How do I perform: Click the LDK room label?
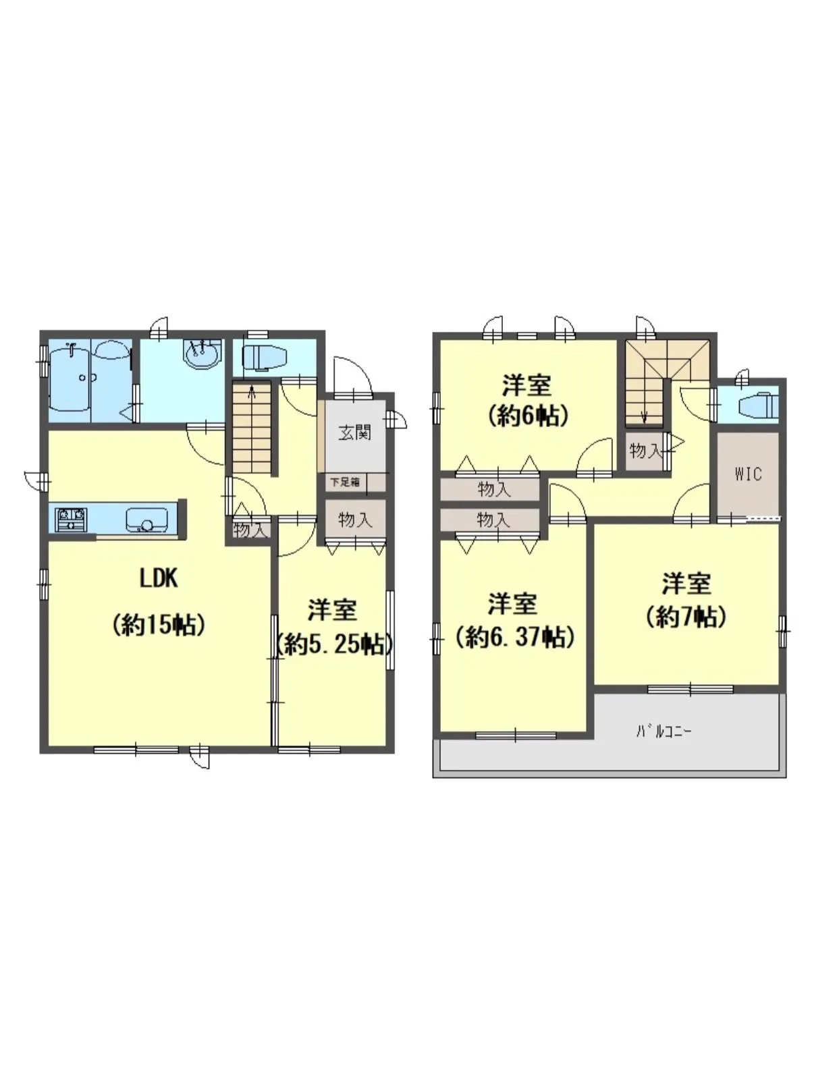[x=159, y=578]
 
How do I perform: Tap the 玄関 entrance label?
[x=355, y=433]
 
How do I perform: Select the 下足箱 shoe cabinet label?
[x=345, y=482]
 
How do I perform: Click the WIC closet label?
[x=749, y=474]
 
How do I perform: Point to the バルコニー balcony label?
[x=663, y=731]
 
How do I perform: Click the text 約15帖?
[x=159, y=625]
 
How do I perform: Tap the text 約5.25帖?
[x=335, y=644]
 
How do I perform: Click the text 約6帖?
[x=527, y=416]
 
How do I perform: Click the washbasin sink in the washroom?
[x=202, y=354]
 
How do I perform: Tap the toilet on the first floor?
[x=265, y=356]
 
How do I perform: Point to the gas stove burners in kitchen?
[x=71, y=519]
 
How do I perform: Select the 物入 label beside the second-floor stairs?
[x=645, y=450]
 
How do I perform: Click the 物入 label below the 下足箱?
[x=354, y=520]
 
